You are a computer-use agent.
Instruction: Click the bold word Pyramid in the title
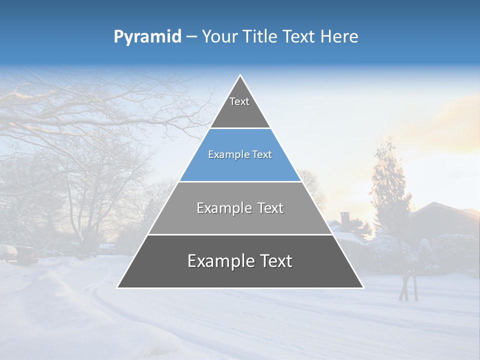tap(147, 37)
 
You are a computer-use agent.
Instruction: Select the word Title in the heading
tap(263, 37)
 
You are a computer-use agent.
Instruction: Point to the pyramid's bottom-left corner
tap(117, 287)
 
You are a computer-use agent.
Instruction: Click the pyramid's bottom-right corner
tap(363, 287)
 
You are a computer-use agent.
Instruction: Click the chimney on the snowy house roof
tap(345, 218)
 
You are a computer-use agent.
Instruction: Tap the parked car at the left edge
tap(20, 254)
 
